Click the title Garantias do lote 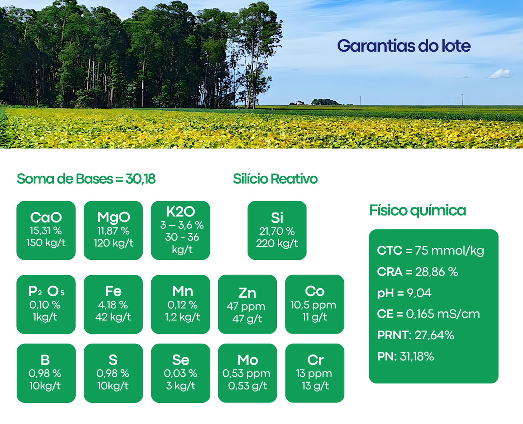point(404,46)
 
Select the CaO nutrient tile point(46,230)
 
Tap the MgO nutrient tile point(113,230)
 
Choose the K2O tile point(180,230)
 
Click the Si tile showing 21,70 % point(277,230)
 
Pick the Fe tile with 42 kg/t point(113,304)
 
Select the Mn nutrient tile point(180,304)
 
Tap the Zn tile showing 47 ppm point(247,304)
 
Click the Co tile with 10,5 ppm point(314,304)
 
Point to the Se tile point(180,373)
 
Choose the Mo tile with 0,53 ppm point(247,373)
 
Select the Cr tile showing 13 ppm point(314,373)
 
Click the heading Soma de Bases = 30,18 point(86,179)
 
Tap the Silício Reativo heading point(275,179)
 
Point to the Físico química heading point(418,211)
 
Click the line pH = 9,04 point(404,293)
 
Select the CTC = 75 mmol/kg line point(430,251)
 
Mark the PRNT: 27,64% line point(416,335)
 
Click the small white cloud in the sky point(501,74)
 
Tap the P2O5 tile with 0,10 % point(46,304)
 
